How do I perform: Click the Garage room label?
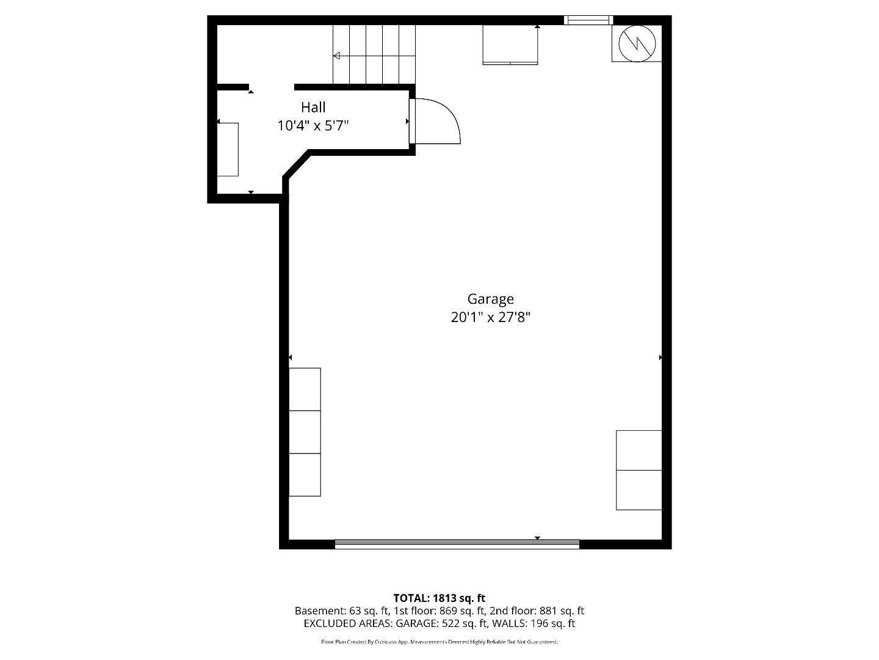tap(490, 299)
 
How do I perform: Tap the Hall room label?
tap(313, 108)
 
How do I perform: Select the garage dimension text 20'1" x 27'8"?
tap(490, 317)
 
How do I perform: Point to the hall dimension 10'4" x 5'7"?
tap(313, 126)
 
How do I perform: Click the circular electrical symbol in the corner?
tap(637, 43)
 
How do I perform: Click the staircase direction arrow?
tap(337, 56)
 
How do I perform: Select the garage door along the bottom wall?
tap(457, 543)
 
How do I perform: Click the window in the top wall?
tap(588, 20)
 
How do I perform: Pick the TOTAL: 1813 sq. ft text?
tap(439, 598)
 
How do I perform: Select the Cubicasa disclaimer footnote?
tap(439, 642)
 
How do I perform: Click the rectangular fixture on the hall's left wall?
tap(228, 149)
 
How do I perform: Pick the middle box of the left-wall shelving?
tap(305, 431)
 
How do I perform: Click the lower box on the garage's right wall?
tap(638, 490)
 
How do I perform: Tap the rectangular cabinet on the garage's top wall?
tap(510, 44)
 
